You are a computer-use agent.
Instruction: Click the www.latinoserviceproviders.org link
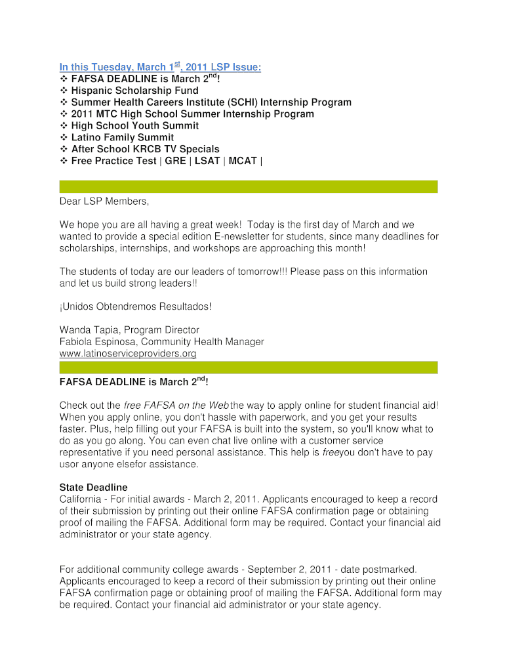click(128, 354)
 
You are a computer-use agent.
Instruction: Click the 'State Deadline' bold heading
click(93, 488)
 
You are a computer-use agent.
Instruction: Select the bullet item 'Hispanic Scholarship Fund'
click(134, 91)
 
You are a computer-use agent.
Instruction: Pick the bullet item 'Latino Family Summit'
click(123, 137)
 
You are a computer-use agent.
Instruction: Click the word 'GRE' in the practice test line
click(175, 161)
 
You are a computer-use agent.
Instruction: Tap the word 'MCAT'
click(243, 161)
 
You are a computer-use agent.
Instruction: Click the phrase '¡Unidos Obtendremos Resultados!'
click(136, 306)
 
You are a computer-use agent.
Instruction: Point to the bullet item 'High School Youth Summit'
click(135, 125)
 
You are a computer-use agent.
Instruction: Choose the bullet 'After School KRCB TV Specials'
click(145, 149)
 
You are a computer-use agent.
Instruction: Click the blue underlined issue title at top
click(160, 68)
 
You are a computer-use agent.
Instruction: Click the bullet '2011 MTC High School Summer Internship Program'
click(192, 114)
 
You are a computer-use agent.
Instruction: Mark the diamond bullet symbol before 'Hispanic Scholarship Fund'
click(64, 91)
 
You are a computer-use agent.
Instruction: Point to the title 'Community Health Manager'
click(207, 342)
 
